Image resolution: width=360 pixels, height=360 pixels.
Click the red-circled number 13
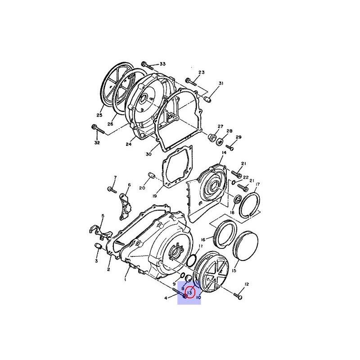point(189,293)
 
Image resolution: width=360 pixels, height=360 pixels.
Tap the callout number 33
point(162,64)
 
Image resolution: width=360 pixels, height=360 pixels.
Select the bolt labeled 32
point(98,129)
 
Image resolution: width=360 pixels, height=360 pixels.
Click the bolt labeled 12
point(238,296)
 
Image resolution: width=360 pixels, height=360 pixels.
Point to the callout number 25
point(99,115)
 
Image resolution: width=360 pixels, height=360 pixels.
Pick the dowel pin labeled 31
point(207,100)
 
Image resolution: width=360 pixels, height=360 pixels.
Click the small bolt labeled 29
point(230,148)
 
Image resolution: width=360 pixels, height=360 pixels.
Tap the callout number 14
point(224,153)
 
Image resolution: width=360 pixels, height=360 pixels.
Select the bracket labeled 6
point(125,207)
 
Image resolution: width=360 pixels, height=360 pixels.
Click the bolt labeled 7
point(112,189)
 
